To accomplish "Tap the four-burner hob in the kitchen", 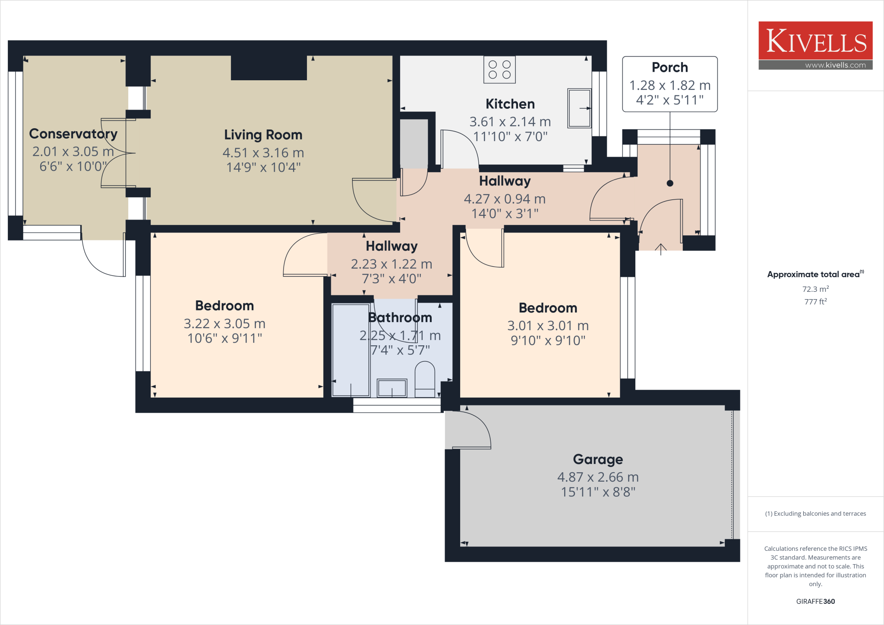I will coord(499,69).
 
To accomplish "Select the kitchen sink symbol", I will coord(579,108).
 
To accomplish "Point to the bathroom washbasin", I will coord(392,388).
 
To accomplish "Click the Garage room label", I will coord(598,459).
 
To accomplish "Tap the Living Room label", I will coord(263,135).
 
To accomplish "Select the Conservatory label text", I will coord(73,134).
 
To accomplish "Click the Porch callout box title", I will coord(669,67).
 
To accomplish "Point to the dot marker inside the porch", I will coord(670,183).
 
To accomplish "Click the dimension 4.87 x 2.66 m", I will coord(598,477).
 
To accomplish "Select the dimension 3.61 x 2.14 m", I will coord(510,122).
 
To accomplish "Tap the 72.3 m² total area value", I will coord(815,289).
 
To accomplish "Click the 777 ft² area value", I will coord(815,302).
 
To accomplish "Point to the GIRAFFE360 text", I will coord(815,601).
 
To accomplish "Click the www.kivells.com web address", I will coord(835,65).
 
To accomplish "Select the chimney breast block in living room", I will coord(268,68).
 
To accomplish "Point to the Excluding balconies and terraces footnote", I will coord(815,514).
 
